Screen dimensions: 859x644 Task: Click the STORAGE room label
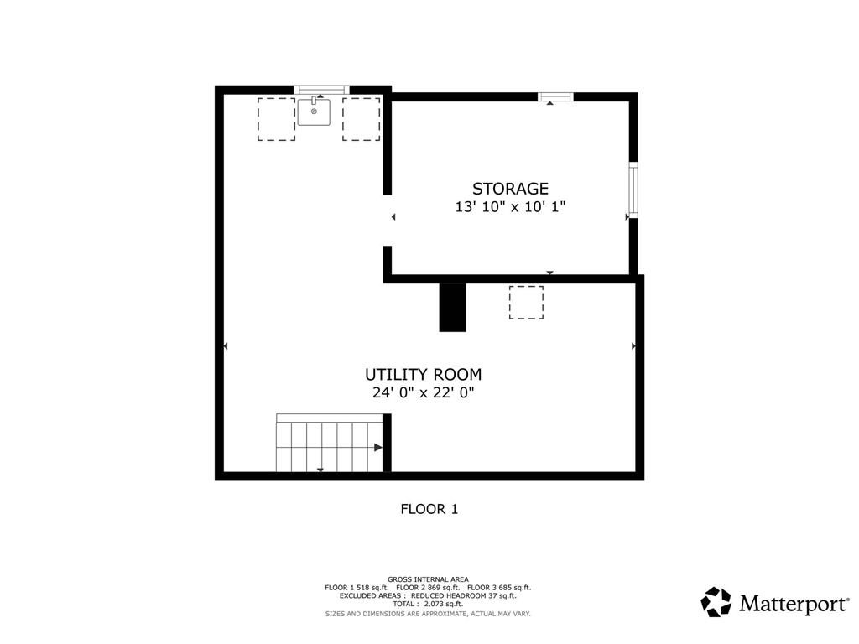point(510,189)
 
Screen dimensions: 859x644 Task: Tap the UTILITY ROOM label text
point(423,375)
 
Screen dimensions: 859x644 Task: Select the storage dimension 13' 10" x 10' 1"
point(510,207)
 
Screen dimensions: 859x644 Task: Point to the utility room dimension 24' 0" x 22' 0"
point(423,392)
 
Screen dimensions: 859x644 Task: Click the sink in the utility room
point(314,112)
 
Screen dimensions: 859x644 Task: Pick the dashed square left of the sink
point(277,119)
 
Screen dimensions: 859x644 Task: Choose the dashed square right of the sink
point(361,119)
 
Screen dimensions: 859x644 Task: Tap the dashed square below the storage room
point(526,302)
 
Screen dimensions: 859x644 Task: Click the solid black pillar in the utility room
point(452,307)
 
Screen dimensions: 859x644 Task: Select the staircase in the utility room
point(329,443)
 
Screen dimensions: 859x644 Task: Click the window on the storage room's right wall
point(633,190)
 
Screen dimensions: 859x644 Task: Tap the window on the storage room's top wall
point(555,97)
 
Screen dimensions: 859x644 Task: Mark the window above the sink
point(321,90)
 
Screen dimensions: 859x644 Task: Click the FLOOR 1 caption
point(429,509)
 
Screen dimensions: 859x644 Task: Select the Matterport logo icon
point(716,602)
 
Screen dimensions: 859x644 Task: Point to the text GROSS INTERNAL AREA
point(428,579)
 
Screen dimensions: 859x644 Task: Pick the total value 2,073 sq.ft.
point(443,604)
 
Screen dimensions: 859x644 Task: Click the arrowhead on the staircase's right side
point(378,448)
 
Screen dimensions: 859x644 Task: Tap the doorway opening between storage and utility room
point(388,221)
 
